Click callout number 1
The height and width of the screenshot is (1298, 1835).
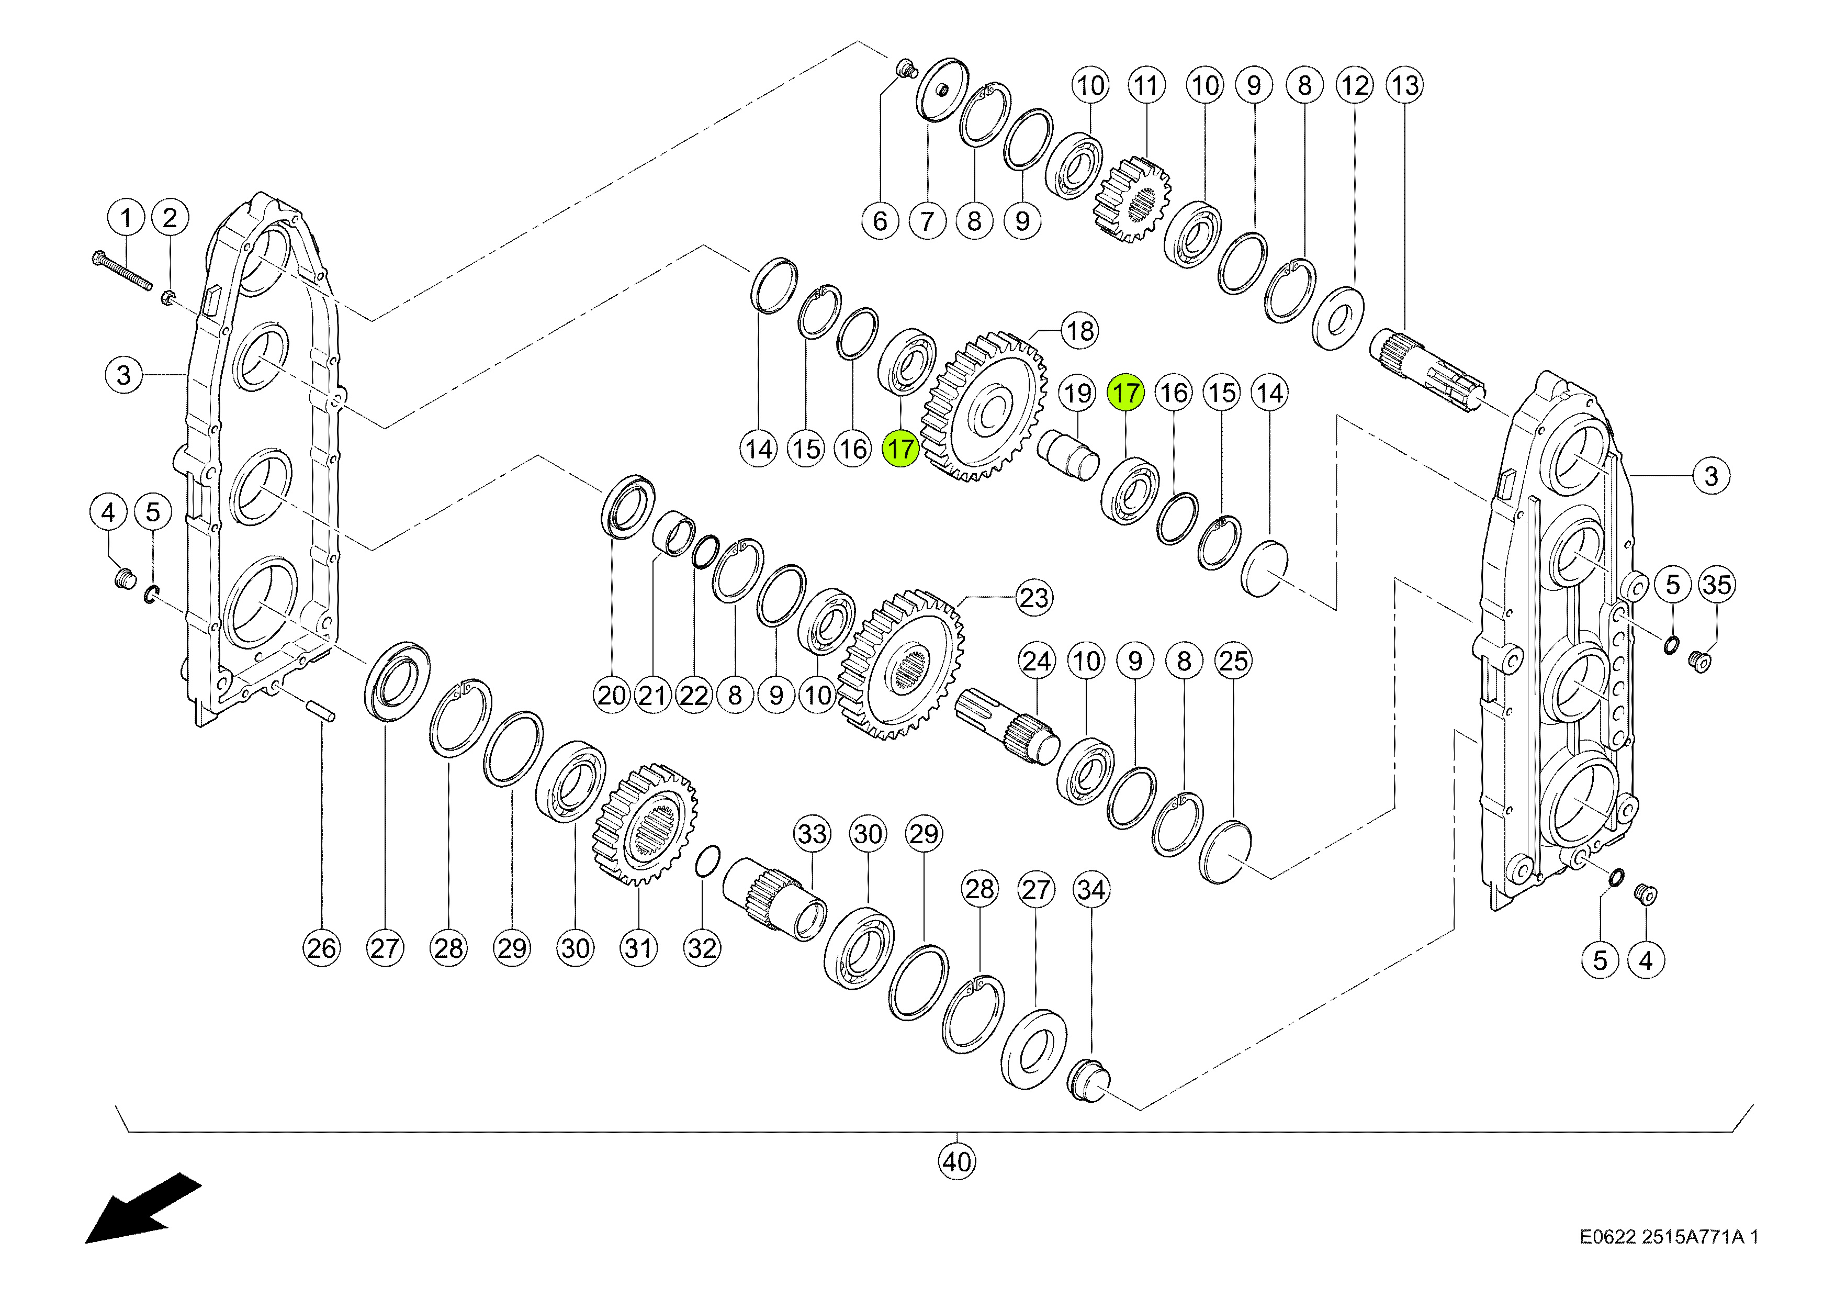pos(126,217)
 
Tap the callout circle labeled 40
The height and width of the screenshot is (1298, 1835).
pos(956,1161)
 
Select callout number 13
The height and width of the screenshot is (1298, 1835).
pos(1405,85)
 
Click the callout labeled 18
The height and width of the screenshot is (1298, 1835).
pos(1080,330)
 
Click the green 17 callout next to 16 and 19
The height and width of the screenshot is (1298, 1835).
pos(1125,393)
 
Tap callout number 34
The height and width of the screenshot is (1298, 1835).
pos(1091,890)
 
